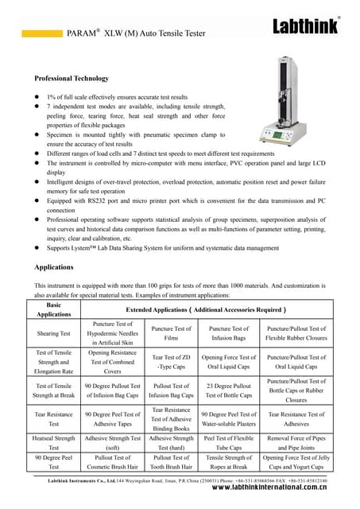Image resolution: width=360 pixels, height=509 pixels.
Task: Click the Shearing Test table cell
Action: [55, 333]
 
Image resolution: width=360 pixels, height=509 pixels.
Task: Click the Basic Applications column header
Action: [55, 309]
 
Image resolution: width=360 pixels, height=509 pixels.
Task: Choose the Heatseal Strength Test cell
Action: [55, 442]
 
